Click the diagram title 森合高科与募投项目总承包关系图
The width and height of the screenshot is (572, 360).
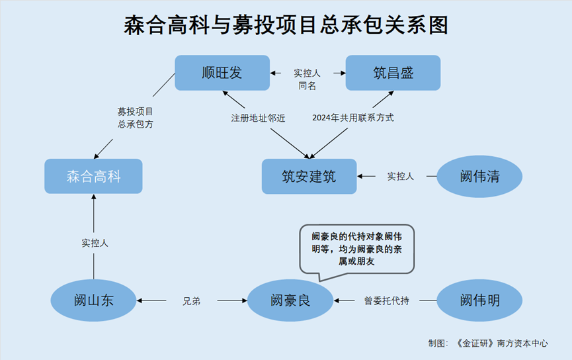[286, 24]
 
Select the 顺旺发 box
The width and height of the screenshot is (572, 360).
[222, 73]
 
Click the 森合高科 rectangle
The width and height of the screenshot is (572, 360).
[93, 176]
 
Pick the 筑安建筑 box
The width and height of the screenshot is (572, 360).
[309, 176]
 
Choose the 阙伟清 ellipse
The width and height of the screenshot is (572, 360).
[479, 177]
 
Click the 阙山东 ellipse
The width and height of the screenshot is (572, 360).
[94, 300]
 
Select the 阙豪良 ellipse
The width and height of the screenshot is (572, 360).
[290, 300]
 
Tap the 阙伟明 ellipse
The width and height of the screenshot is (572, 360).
[479, 300]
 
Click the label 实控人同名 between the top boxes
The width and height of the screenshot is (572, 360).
[307, 79]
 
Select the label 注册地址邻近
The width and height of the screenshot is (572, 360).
[258, 118]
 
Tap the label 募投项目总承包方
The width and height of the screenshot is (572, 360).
[135, 118]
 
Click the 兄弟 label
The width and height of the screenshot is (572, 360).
[191, 301]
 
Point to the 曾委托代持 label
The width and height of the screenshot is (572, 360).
[386, 301]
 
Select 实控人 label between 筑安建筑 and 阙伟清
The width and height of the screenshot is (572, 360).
[400, 177]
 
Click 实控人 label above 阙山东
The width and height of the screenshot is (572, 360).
[94, 243]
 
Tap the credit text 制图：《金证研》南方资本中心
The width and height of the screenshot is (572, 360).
[488, 343]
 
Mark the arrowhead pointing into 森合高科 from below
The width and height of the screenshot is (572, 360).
[94, 198]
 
